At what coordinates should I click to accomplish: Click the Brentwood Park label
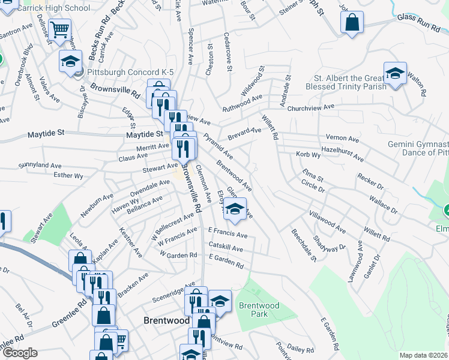pyautogui.click(x=259, y=310)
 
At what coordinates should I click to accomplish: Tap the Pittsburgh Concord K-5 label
pyautogui.click(x=130, y=72)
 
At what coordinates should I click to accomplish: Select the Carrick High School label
pyautogui.click(x=53, y=8)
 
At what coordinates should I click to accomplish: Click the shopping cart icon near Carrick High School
pyautogui.click(x=59, y=29)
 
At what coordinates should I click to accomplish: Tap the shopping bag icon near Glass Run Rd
pyautogui.click(x=352, y=23)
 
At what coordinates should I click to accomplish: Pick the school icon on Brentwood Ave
pyautogui.click(x=235, y=209)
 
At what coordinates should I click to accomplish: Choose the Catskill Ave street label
pyautogui.click(x=226, y=248)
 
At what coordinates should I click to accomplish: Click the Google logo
pyautogui.click(x=20, y=353)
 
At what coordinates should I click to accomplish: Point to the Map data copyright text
pyautogui.click(x=423, y=355)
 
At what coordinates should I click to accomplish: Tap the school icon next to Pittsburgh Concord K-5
pyautogui.click(x=70, y=61)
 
